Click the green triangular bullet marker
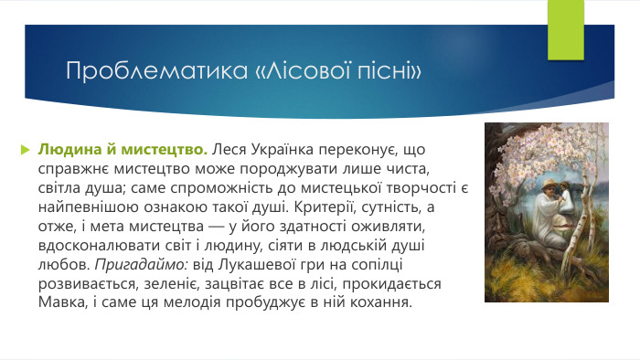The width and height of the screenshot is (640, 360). (26, 148)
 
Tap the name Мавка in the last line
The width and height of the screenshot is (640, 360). (60, 303)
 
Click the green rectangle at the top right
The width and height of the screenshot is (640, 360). (564, 25)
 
